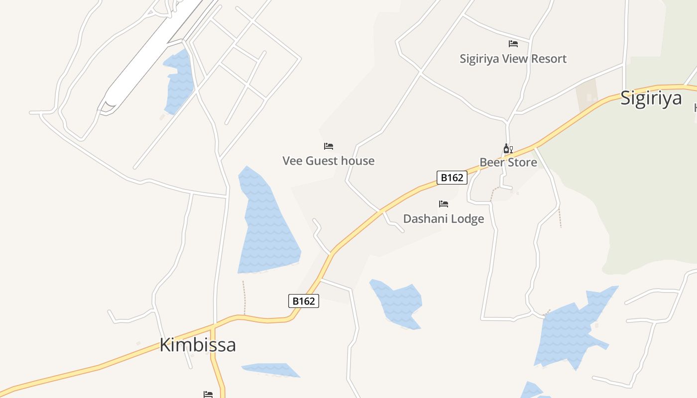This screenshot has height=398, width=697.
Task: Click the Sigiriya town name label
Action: [x=651, y=98]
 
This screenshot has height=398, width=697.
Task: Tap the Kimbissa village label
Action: [x=197, y=345]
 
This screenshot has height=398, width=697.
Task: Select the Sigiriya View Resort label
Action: [x=513, y=59]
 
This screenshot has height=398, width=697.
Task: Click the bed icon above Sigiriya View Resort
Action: [x=513, y=44]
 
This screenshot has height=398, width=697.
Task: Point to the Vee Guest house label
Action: [x=328, y=161]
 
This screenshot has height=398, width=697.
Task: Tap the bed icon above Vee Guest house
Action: [x=329, y=146]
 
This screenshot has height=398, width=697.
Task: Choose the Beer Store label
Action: [x=508, y=162]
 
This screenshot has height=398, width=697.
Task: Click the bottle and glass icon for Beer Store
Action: [x=508, y=148]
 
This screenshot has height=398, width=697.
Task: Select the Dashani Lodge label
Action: [x=443, y=218]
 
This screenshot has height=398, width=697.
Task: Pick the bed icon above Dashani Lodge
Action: [x=444, y=204]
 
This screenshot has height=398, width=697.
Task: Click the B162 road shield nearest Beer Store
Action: [x=452, y=178]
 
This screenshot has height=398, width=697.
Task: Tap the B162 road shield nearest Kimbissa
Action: [x=303, y=301]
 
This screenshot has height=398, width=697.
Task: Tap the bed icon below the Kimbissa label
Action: [x=208, y=395]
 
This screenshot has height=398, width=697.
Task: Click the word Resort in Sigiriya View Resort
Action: [x=548, y=59]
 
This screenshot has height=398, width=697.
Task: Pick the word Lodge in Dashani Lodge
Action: [x=467, y=218]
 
